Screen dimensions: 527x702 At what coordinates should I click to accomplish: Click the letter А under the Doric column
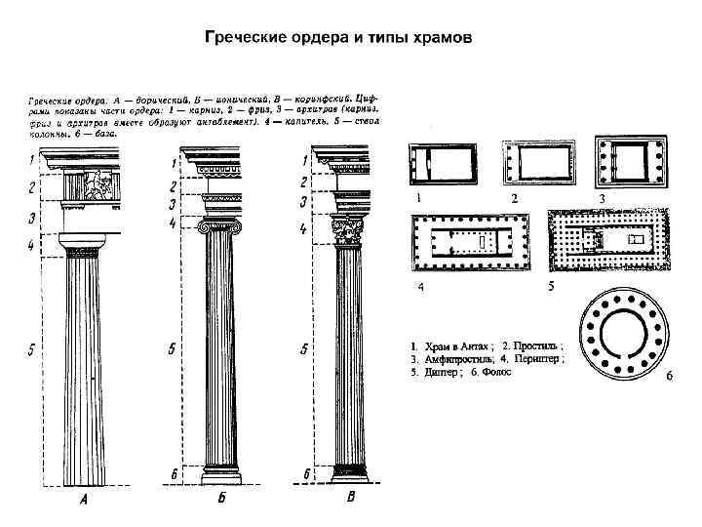click(83, 504)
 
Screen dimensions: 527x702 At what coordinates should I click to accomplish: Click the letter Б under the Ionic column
click(221, 503)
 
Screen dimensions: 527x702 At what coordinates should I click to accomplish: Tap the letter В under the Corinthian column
click(350, 501)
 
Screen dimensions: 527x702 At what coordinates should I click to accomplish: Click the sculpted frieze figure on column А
click(97, 184)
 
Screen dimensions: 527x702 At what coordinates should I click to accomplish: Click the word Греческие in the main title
click(245, 40)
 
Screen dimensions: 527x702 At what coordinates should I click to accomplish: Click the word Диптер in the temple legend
click(436, 373)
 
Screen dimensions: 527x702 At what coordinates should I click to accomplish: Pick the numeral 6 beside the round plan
click(671, 378)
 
